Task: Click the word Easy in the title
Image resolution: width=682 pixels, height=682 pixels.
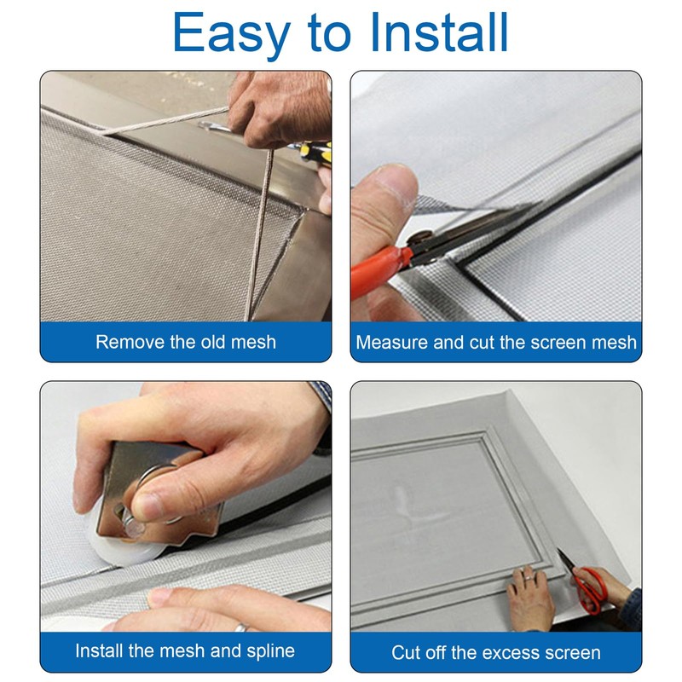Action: pyautogui.click(x=231, y=33)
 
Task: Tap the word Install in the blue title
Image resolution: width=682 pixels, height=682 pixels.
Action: pyautogui.click(x=439, y=31)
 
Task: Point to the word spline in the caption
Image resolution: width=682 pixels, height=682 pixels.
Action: pyautogui.click(x=270, y=651)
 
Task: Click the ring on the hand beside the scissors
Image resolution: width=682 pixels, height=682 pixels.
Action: pyautogui.click(x=526, y=578)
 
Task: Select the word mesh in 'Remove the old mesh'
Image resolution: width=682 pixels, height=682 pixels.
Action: pyautogui.click(x=253, y=343)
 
